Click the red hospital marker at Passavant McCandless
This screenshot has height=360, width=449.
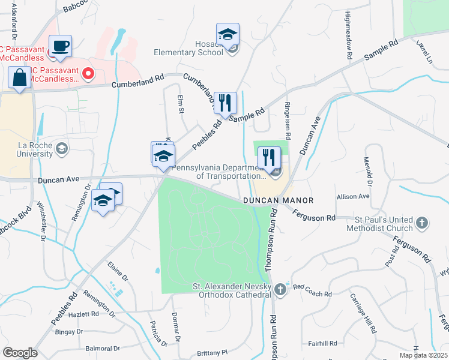88,74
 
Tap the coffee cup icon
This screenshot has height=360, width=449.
60,46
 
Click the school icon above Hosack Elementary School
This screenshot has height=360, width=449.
228,34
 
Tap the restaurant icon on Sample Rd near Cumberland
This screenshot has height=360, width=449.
225,103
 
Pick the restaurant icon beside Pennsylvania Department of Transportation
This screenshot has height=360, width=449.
269,158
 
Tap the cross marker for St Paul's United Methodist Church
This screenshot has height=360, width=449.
422,224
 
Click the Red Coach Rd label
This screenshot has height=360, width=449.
313,294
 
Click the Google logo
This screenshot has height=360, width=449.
20,353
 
